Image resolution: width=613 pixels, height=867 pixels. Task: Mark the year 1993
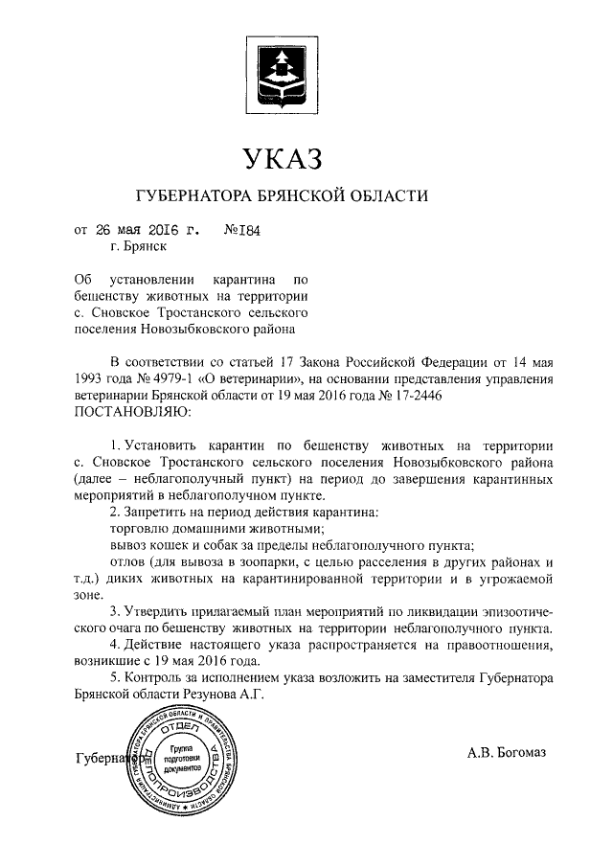tap(91, 378)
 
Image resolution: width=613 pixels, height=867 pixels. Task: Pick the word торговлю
tap(142, 529)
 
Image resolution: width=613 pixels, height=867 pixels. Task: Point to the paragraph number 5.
tap(114, 679)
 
